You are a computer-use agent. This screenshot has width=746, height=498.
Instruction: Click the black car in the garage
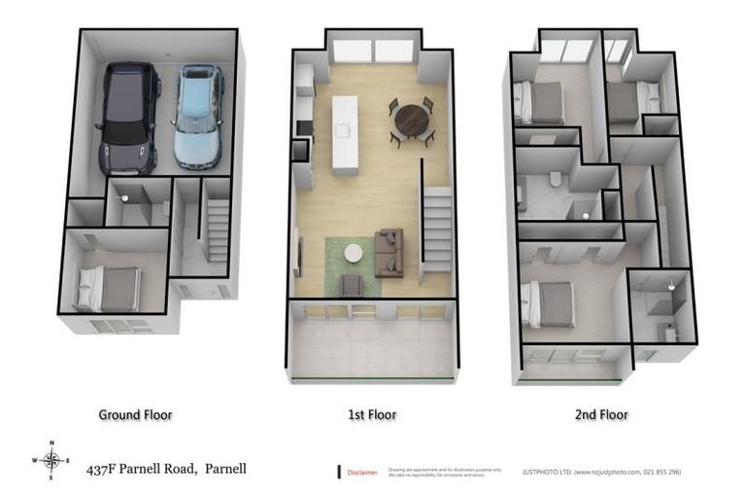(126, 117)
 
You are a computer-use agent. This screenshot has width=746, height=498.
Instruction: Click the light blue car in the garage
(197, 117)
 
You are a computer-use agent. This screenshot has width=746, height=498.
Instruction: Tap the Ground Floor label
(135, 414)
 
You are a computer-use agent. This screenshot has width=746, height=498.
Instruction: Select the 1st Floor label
(372, 414)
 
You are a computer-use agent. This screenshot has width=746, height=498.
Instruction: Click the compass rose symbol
(53, 460)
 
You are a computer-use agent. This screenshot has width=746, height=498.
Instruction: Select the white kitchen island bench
(345, 134)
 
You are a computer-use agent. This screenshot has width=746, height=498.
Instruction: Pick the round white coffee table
(353, 253)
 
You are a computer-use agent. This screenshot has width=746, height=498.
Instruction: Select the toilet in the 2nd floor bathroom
(553, 180)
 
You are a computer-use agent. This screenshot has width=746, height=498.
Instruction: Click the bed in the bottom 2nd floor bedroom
(550, 304)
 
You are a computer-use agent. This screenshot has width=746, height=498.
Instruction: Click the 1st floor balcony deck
(372, 345)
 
